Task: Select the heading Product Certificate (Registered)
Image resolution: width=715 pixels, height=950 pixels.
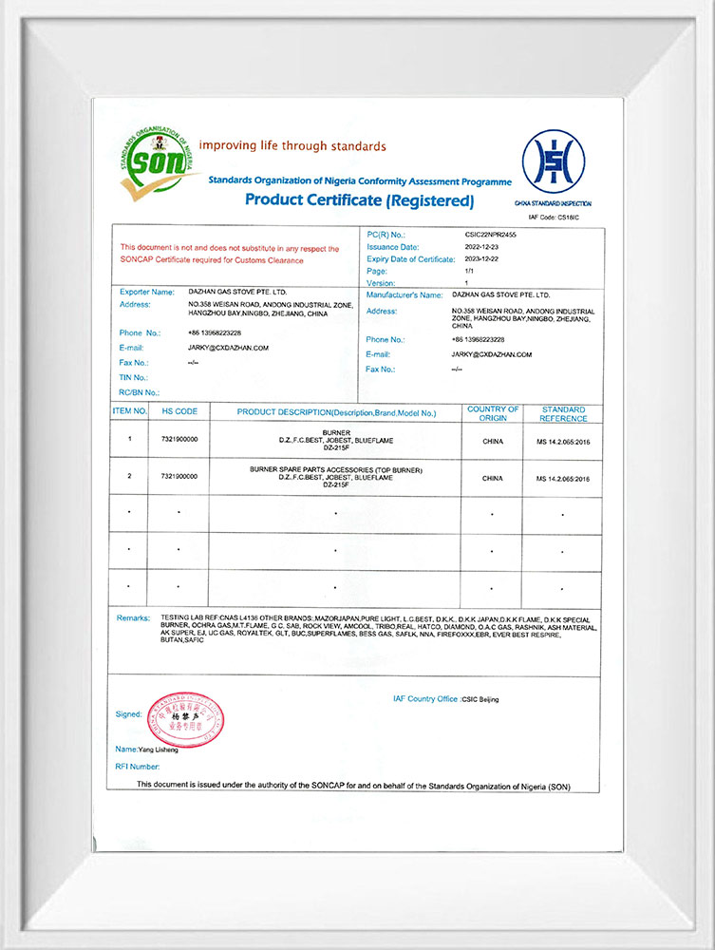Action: [359, 200]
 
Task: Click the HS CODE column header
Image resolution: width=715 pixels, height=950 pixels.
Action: [179, 411]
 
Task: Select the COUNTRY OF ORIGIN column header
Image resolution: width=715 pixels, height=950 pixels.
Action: [493, 413]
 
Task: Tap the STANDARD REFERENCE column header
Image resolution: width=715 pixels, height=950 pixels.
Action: [563, 413]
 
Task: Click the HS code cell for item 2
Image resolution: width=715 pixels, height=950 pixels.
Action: [179, 477]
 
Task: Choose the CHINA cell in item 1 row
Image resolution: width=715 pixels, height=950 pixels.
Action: [493, 441]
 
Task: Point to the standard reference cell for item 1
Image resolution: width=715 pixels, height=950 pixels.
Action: [562, 441]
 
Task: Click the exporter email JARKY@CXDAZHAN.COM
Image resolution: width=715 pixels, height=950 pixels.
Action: [228, 348]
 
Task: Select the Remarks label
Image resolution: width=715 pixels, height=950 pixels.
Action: [133, 617]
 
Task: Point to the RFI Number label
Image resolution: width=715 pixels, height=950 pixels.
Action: [138, 766]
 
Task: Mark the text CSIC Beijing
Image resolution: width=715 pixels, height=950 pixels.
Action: [480, 699]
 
